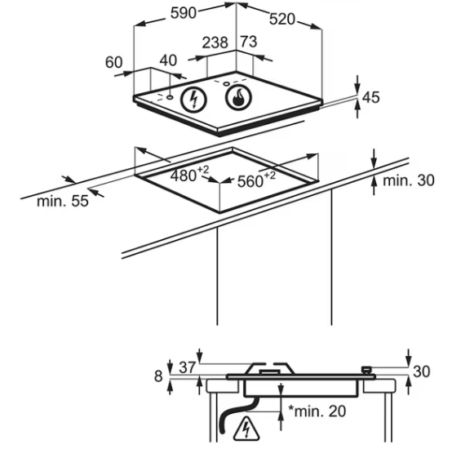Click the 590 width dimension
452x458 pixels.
(183, 13)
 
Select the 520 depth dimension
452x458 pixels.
(282, 20)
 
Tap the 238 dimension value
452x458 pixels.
(215, 42)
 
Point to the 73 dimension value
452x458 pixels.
(249, 42)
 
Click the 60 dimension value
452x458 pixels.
(113, 63)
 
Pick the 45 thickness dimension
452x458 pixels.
(371, 97)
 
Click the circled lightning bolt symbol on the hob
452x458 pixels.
(193, 99)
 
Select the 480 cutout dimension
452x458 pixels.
(190, 175)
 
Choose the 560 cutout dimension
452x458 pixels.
(256, 180)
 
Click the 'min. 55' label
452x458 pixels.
(63, 202)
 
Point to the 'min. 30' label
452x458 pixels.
(408, 180)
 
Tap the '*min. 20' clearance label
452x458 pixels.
(317, 411)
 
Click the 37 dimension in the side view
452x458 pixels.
(187, 367)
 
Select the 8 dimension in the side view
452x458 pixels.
(158, 376)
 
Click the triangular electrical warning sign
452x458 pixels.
(246, 429)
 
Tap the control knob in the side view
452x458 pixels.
(366, 370)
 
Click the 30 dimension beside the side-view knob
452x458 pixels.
(422, 371)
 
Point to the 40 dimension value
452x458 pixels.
(168, 60)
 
